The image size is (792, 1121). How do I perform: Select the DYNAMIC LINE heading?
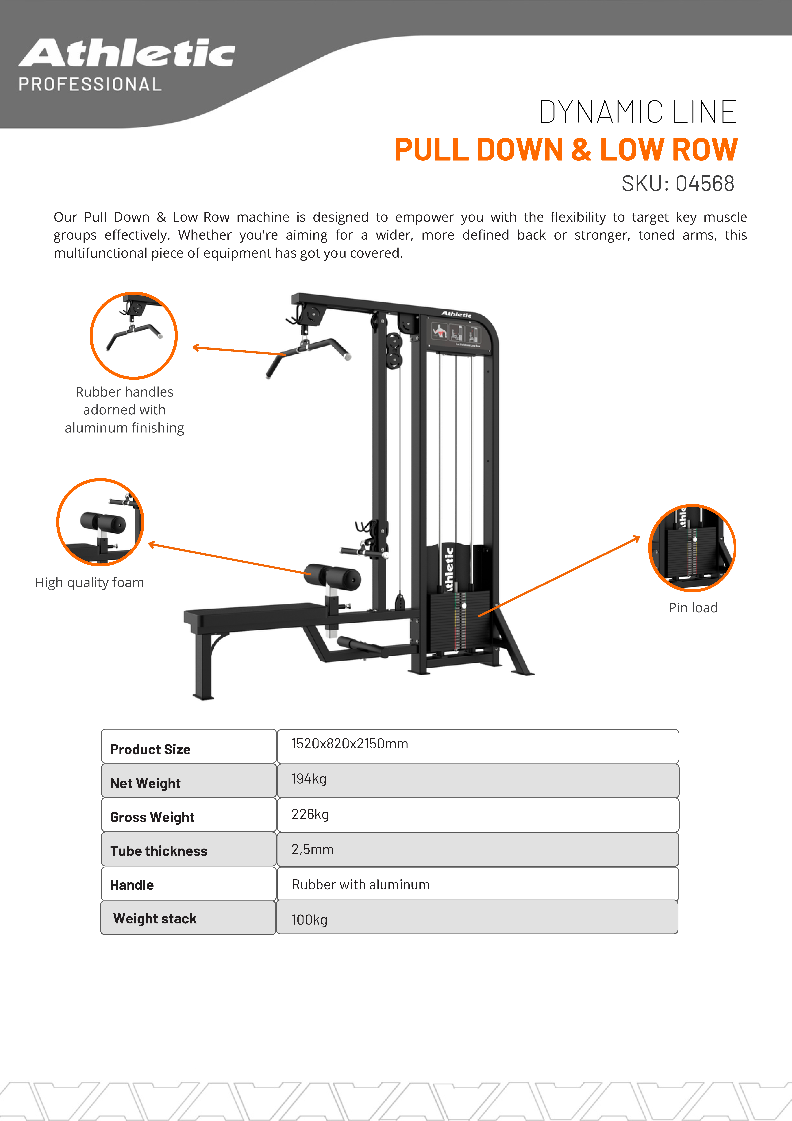point(638,112)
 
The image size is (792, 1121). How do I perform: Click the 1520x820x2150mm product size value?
point(350,744)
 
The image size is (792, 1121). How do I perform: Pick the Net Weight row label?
point(146,783)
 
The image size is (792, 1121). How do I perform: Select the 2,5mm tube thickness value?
point(312,849)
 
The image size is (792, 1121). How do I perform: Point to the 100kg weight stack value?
point(309,920)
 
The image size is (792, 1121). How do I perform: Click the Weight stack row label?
point(155,919)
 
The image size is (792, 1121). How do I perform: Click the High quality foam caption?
point(89,582)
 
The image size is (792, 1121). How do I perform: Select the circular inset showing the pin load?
point(692,548)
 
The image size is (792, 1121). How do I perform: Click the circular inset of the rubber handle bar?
point(133,335)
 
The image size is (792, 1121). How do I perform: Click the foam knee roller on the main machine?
point(333,576)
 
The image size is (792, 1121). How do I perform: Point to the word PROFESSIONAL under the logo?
point(90,84)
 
